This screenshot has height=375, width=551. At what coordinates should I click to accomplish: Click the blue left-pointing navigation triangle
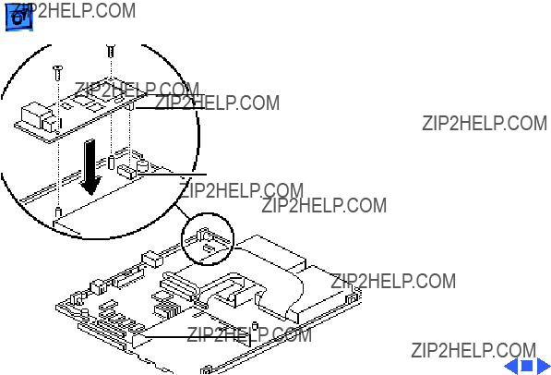click(511, 366)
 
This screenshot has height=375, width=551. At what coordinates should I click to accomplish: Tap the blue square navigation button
click(526, 366)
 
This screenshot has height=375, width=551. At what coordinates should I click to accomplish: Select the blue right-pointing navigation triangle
click(543, 366)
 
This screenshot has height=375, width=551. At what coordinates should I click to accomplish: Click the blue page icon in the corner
click(19, 18)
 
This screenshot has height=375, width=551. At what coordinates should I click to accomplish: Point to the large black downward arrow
click(90, 167)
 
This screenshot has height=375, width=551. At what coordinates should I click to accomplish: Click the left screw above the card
click(57, 73)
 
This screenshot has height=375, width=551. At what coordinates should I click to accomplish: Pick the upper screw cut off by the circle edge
click(111, 51)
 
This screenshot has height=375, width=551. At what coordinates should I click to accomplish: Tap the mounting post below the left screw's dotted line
click(59, 212)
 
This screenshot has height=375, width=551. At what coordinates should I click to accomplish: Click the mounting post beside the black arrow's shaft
click(112, 162)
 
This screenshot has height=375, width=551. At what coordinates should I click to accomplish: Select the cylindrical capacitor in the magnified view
click(143, 165)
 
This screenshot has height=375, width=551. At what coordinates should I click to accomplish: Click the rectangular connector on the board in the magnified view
click(126, 172)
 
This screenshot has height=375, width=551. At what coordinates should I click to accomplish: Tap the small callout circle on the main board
click(208, 238)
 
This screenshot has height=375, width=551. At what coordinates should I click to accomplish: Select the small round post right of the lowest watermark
click(256, 326)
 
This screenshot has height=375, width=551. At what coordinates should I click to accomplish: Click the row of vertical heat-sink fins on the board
click(168, 310)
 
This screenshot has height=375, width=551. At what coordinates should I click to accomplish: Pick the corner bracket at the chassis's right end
click(352, 299)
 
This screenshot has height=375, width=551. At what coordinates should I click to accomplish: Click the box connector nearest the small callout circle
click(151, 260)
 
